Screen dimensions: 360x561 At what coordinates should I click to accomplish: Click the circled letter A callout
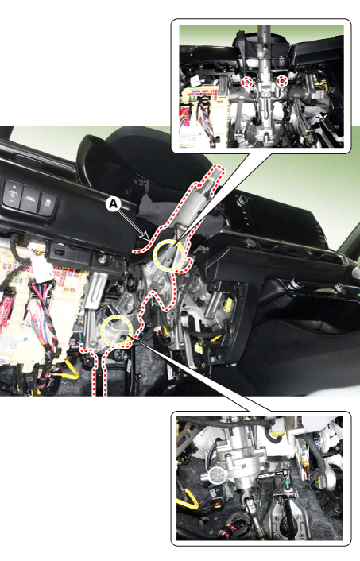(113, 204)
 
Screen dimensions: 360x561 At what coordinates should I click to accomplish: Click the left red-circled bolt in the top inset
(246, 82)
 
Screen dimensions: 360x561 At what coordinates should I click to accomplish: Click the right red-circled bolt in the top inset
(283, 81)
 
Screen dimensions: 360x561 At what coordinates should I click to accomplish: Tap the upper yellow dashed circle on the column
(169, 255)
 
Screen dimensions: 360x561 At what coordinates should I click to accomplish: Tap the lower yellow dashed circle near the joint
(117, 331)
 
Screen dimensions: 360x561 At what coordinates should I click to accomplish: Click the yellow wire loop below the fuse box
(70, 370)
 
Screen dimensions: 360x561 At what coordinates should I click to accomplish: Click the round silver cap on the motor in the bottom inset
(216, 475)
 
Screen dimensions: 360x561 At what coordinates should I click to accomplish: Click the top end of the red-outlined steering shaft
(217, 169)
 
